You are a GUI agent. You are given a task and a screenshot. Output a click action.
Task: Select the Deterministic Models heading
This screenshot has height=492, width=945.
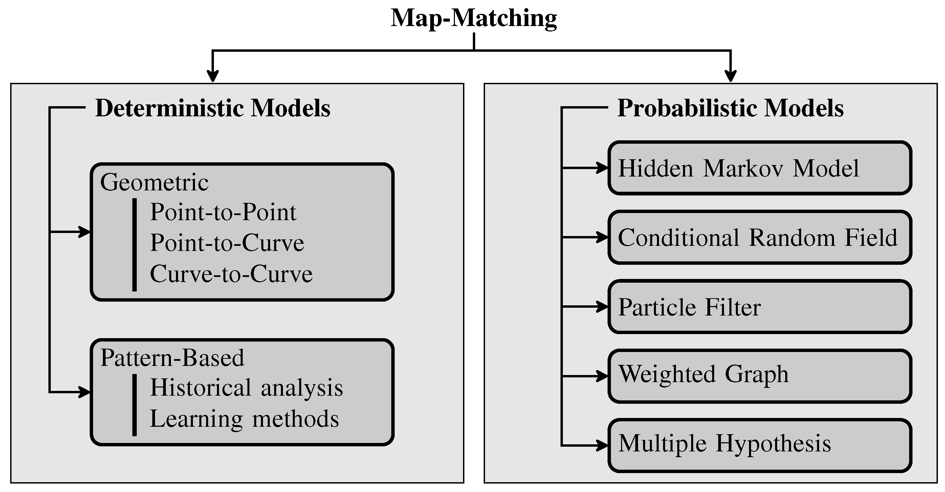tap(213, 108)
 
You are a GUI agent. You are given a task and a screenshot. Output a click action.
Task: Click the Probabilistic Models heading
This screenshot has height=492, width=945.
tap(730, 108)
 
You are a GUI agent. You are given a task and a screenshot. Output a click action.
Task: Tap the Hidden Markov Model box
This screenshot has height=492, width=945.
tap(760, 168)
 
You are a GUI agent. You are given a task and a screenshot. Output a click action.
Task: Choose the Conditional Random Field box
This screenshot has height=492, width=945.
tap(760, 237)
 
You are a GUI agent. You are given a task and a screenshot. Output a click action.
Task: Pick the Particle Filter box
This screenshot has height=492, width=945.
tap(760, 307)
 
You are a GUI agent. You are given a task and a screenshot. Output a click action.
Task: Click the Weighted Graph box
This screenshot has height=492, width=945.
tap(760, 376)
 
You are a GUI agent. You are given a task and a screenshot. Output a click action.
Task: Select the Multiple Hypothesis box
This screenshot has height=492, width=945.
tap(760, 445)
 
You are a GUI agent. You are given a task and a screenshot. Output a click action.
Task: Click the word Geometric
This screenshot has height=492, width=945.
tap(154, 182)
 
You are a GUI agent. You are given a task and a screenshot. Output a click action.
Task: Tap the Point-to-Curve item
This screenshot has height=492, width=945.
tap(227, 243)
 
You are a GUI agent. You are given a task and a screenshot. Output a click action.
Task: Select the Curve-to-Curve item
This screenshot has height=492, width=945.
tap(231, 274)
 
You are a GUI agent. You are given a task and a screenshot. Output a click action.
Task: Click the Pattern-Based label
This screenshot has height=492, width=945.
tap(172, 358)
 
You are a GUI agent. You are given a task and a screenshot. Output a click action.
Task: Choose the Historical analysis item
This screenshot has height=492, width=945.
tap(246, 388)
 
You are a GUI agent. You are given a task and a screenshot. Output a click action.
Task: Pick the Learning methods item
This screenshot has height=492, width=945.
tap(244, 419)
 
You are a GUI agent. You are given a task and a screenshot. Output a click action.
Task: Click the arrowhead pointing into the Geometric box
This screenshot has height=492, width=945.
tap(85, 232)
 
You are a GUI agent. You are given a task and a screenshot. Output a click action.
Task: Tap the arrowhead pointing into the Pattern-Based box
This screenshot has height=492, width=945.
tap(85, 392)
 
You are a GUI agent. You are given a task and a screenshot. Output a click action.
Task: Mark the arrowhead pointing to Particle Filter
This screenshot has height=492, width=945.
tap(603, 306)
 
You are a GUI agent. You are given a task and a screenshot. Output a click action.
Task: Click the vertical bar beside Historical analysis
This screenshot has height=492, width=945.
tap(135, 405)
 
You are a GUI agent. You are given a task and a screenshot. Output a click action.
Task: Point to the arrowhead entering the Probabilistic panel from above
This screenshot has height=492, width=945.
tap(731, 77)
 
